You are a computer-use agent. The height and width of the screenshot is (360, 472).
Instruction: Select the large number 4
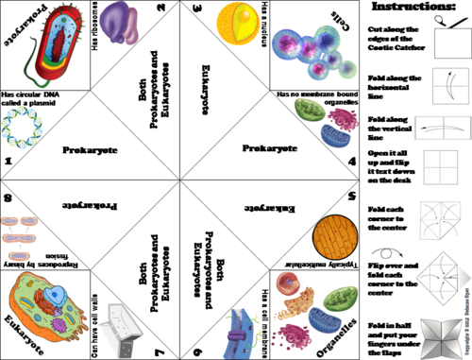(x=349, y=162)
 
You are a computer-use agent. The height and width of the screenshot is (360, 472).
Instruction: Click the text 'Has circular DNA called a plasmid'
(x=38, y=99)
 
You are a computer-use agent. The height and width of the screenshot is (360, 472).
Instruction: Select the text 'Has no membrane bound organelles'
(x=315, y=99)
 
